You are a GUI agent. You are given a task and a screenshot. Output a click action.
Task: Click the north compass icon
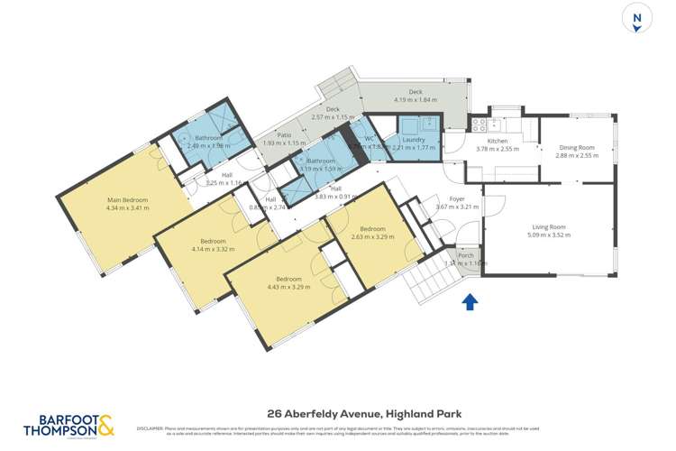[637, 18]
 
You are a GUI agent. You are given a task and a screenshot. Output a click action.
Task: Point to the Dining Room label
[577, 147]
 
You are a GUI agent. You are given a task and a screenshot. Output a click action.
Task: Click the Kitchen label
[498, 141]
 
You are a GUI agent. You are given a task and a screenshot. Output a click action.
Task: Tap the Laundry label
[414, 140]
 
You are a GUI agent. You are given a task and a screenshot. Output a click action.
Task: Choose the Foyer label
[457, 198]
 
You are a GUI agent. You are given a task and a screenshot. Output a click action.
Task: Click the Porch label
[466, 255]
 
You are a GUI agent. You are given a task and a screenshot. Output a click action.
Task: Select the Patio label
[284, 135]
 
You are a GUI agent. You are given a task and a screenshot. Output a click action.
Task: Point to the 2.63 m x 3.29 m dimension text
[372, 237]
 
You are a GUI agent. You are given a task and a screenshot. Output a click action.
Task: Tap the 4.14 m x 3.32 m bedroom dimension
[213, 250]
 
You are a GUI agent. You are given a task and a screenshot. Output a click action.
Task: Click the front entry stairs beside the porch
[424, 275]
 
